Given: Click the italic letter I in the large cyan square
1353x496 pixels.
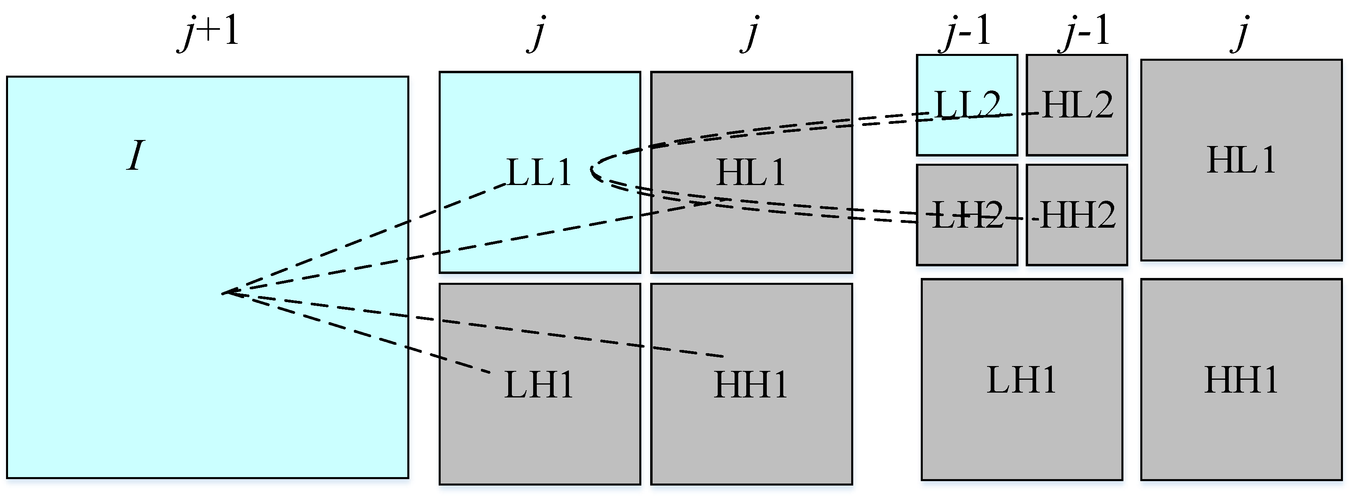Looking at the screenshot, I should (136, 156).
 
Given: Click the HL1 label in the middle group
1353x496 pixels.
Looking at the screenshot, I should (751, 172).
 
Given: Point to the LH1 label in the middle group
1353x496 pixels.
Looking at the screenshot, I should (539, 385).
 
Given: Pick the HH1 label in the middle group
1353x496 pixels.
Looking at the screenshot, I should (751, 385).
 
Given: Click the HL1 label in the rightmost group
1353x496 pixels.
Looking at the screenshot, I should (1241, 160).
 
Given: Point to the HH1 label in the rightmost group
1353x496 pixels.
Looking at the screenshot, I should (1241, 380).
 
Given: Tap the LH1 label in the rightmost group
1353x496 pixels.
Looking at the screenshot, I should (1022, 380).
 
